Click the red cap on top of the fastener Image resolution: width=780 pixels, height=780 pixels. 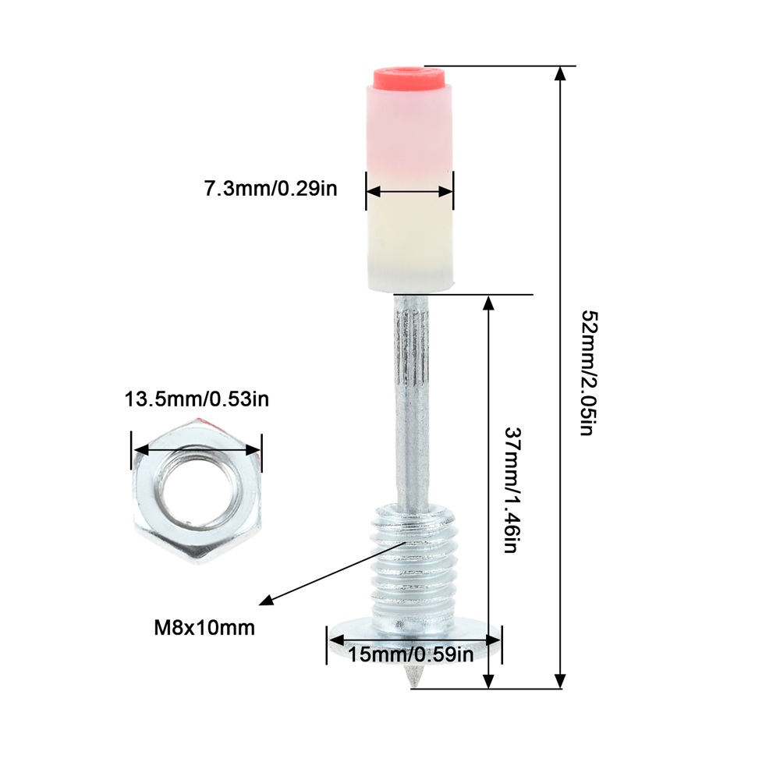[410, 77]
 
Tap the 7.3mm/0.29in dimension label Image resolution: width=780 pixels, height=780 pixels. [271, 189]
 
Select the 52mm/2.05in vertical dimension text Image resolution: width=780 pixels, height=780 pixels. [589, 373]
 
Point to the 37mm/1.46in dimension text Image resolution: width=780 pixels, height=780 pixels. [512, 491]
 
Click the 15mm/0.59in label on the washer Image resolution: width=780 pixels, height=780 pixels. [410, 654]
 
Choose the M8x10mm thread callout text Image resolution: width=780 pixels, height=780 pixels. [204, 628]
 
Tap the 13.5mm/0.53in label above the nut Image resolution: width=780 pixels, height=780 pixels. [197, 399]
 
